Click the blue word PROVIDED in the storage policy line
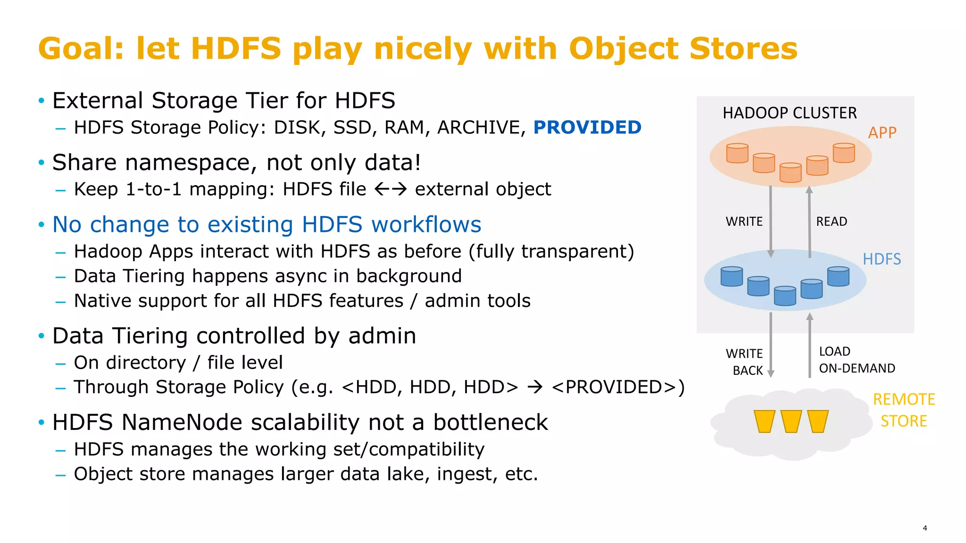coord(587,128)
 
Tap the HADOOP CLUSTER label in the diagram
coord(789,113)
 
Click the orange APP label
coord(882,133)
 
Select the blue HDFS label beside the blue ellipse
coord(881,259)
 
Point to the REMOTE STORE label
coord(903,410)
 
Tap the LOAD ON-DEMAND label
coord(857,360)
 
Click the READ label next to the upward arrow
coord(831,222)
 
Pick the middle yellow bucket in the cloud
coord(791,421)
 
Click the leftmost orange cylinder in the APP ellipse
coord(737,153)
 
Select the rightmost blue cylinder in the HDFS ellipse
coord(838,277)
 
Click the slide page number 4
coord(924,528)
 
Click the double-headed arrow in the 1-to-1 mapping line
coord(390,189)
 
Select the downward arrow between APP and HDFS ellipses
coord(770,222)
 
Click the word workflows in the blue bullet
coord(426,224)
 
